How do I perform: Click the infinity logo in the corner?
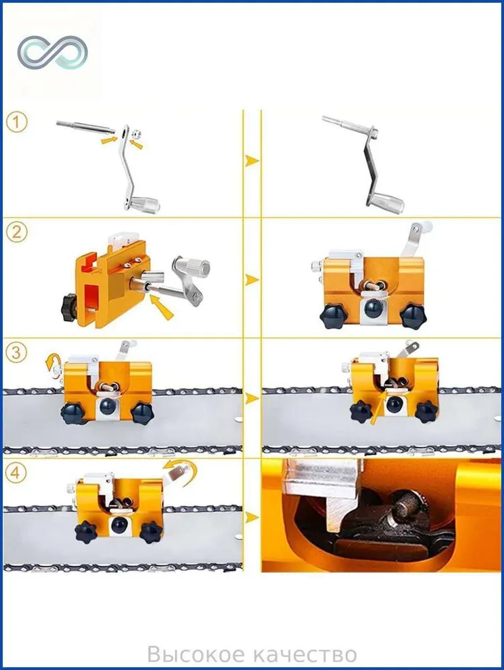[x=52, y=52]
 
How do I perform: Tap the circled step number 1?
[x=17, y=122]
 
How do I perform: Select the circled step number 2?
[x=17, y=232]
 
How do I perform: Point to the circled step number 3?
[x=17, y=353]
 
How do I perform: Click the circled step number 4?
[x=17, y=473]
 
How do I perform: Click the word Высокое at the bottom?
[x=196, y=654]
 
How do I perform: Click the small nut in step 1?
[x=136, y=135]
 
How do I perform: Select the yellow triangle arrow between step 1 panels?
[x=252, y=161]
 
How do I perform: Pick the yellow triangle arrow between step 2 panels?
[x=252, y=280]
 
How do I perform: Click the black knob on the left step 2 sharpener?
[x=69, y=308]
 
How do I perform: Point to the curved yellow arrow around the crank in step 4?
[x=188, y=470]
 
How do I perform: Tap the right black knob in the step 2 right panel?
[x=414, y=316]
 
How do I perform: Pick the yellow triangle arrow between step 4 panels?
[x=252, y=518]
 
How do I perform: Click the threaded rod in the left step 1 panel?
[x=86, y=127]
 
